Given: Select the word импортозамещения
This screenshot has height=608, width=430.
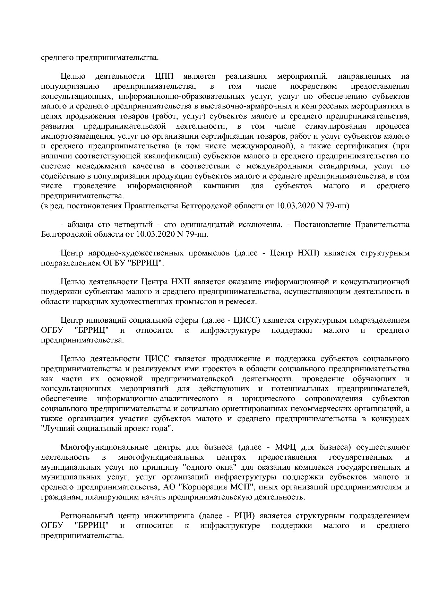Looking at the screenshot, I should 76,136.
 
